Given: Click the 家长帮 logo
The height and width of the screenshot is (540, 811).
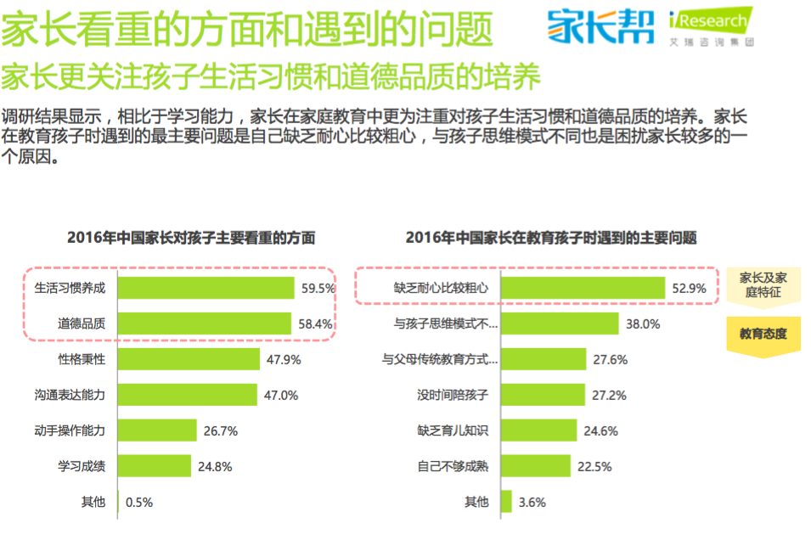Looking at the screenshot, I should coord(601,27).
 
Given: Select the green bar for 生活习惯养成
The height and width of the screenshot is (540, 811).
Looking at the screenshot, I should coord(206,288).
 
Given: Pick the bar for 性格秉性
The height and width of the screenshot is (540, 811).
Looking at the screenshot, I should coord(188,359).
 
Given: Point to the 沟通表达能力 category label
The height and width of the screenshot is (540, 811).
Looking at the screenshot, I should coord(70,395).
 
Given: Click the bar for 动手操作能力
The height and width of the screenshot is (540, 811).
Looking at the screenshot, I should coord(156,430).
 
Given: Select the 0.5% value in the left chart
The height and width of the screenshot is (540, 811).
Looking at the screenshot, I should coord(139,502).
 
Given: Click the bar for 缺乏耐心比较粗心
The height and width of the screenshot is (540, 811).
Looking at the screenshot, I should coord(583,288).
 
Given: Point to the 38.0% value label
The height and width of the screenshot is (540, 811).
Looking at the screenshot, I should coord(643,323).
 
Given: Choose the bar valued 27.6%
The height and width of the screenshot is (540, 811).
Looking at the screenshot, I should coord(543,359).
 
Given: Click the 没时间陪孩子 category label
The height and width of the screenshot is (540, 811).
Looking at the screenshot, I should coord(453,395).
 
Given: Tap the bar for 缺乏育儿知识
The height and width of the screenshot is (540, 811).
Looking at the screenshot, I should coord(538,430).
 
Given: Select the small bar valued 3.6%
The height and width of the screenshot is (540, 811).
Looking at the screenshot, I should coord(506,502).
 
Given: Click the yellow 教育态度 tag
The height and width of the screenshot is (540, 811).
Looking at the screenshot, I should coord(763,334).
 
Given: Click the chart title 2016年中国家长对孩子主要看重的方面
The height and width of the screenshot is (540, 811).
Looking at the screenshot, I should coord(191,238).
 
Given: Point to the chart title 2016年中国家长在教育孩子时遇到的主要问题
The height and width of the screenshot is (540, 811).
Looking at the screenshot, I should coord(551,238).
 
